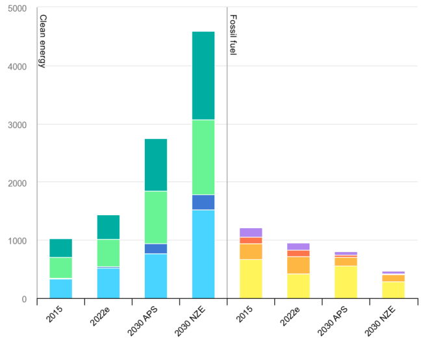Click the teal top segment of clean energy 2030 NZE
203,75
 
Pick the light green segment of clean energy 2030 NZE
203,157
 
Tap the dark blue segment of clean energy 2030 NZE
203,202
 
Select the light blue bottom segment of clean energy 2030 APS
155,276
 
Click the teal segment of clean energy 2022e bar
108,227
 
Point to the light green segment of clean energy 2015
60,268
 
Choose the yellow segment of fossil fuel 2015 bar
251,279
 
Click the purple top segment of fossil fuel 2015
251,232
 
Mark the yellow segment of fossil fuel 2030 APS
346,282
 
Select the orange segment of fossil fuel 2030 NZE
393,278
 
